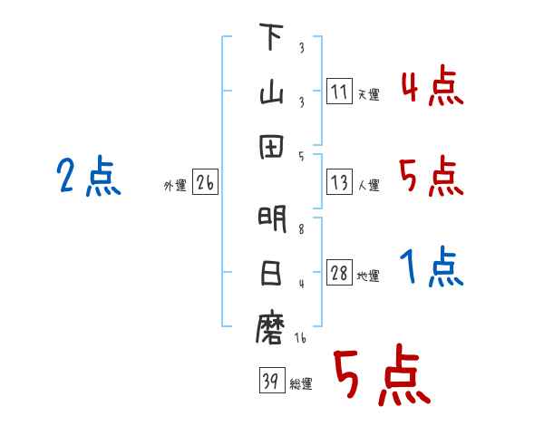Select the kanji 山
point(271,94)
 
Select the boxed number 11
point(339,92)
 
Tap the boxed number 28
point(339,274)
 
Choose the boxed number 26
point(205,183)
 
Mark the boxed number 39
point(270,382)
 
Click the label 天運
point(368,94)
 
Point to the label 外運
point(174,186)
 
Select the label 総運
point(301,383)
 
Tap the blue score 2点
point(88,176)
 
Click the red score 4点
point(432,88)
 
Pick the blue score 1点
point(432,268)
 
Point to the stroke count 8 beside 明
point(300,230)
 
